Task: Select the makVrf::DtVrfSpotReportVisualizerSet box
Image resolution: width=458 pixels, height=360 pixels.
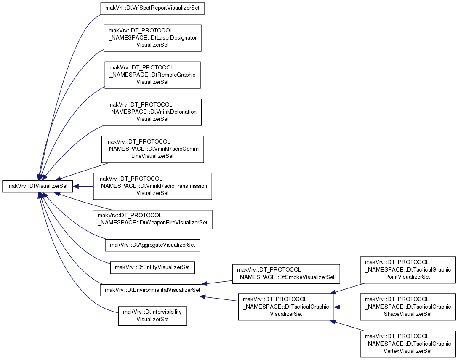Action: pos(152,8)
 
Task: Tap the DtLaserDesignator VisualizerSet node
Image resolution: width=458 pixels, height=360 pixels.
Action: pos(152,38)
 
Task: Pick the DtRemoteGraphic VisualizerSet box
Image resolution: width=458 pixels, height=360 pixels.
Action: pos(152,75)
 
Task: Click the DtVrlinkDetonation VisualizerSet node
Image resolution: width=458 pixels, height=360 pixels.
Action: pos(152,112)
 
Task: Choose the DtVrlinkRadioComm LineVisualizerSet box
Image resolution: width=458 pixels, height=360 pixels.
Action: pos(152,149)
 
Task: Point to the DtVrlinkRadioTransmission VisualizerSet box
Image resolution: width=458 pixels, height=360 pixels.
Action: pos(152,187)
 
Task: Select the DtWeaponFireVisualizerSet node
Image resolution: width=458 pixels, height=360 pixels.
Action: pos(152,219)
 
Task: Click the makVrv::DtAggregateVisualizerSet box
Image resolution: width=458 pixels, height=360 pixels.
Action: pos(152,245)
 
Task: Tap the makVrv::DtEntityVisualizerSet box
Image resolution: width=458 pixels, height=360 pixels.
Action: pos(152,267)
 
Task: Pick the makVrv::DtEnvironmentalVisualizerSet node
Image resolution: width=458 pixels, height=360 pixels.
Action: pos(152,290)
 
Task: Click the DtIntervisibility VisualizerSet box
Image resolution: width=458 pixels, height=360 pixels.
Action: pos(152,316)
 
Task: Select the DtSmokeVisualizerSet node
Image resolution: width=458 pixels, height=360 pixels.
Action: pos(286,274)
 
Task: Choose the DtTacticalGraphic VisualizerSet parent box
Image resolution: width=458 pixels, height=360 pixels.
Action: pos(286,307)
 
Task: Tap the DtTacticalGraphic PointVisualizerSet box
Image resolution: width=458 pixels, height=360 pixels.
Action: pos(408,270)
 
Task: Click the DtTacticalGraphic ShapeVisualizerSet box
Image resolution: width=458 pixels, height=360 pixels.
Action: pos(408,307)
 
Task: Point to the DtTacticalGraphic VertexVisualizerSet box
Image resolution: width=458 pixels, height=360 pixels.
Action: pos(408,344)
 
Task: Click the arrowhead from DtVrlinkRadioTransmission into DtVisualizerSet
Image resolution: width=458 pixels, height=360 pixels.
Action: pos(75,187)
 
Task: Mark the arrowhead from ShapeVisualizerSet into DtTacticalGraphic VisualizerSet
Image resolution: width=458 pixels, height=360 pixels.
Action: pos(337,307)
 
